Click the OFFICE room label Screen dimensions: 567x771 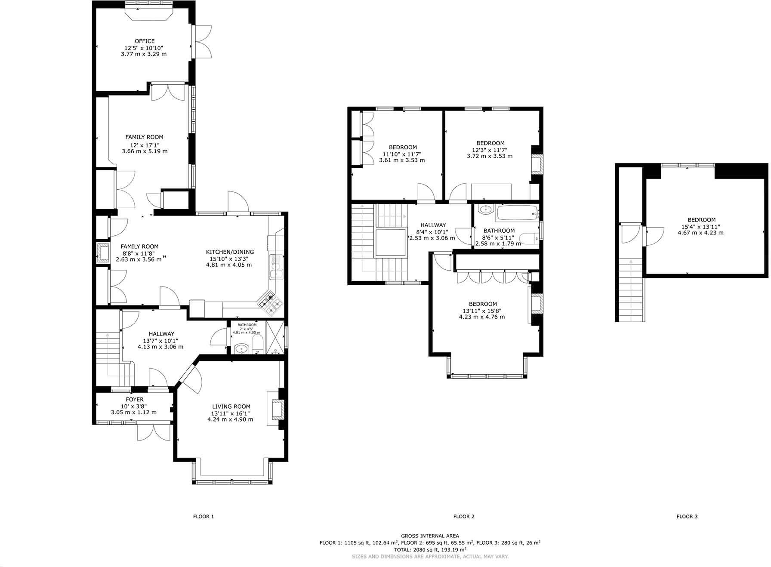144,41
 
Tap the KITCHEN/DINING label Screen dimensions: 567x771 230,252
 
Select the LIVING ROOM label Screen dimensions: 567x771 231,407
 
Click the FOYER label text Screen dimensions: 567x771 135,400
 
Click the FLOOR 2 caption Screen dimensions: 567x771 463,516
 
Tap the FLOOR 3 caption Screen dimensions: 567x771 687,516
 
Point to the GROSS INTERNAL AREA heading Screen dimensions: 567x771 430,536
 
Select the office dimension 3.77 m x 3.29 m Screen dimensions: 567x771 144,54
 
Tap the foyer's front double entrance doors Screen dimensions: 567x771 154,432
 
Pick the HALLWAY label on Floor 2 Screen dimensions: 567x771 433,225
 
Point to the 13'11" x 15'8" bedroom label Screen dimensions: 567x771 482,304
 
